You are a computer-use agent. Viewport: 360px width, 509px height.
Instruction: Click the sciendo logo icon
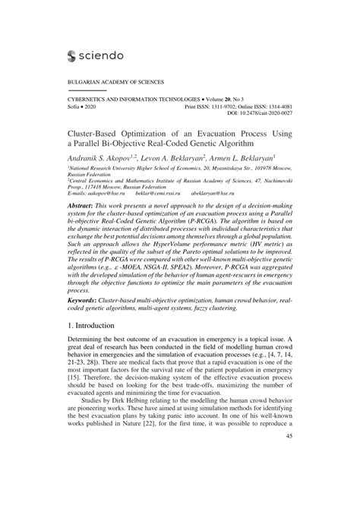74,55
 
